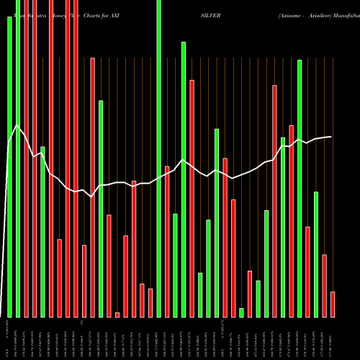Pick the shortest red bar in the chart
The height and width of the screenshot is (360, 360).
117,315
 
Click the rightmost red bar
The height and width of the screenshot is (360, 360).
333,304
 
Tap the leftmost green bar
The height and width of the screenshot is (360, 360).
9,166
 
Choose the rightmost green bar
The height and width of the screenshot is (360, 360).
316,254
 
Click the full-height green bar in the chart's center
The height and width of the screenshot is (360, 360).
159,158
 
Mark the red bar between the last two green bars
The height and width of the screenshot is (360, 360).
307,271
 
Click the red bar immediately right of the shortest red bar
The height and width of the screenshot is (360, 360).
125,276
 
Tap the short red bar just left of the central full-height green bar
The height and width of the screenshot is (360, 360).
150,302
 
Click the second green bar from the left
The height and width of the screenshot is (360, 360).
18,158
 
